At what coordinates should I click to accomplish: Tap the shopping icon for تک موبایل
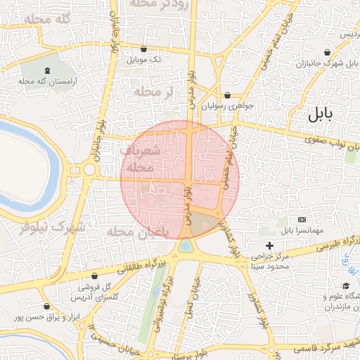coord(144,49)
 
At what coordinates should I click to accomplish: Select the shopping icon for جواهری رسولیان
coord(226,95)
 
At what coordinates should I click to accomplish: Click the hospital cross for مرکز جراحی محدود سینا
coord(269,245)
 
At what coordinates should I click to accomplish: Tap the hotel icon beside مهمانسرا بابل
coord(302,220)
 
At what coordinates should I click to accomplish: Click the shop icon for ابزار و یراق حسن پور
coord(46,307)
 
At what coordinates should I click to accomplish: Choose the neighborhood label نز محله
coord(153,91)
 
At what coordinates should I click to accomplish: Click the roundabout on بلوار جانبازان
coord(89,169)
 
